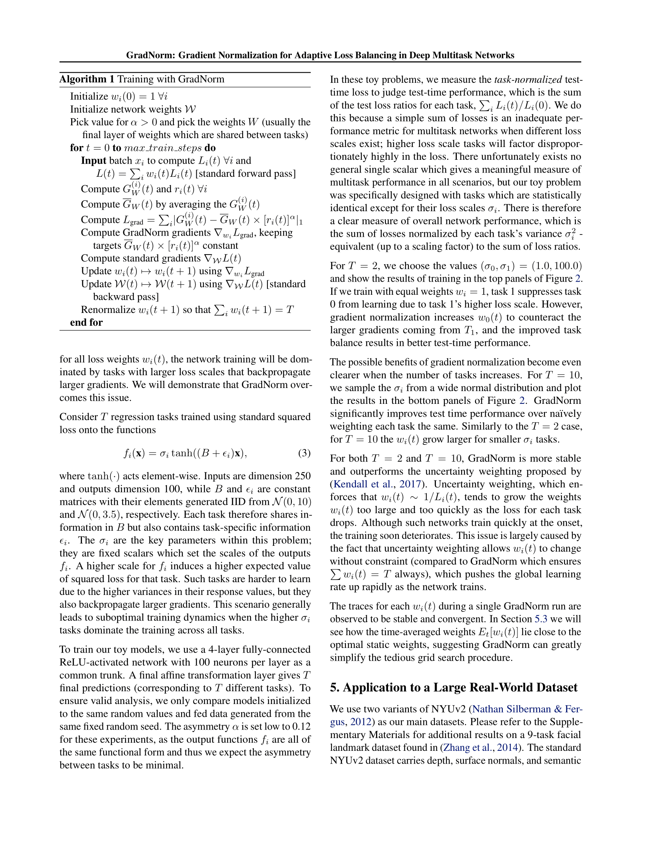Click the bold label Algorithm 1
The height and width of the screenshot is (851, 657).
point(87,79)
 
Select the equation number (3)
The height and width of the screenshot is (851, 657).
point(304,453)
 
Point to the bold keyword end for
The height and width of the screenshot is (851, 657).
point(87,322)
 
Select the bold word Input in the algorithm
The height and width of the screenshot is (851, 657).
point(94,161)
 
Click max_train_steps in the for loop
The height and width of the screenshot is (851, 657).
point(163,148)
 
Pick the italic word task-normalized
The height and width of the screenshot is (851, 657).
point(528,79)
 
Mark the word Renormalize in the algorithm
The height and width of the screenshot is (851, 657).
point(108,310)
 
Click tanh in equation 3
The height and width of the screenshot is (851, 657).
point(182,453)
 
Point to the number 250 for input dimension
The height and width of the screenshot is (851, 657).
point(303,476)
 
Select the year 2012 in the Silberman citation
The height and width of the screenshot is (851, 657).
point(361,722)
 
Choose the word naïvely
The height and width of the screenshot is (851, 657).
point(563,414)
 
